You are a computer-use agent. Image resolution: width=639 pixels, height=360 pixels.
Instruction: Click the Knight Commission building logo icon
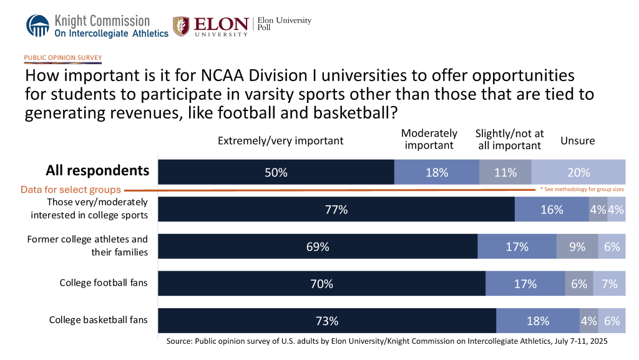[37, 26]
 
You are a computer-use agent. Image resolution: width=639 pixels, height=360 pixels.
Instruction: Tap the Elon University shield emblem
[181, 26]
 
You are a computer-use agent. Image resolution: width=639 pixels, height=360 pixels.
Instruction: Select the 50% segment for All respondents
[276, 172]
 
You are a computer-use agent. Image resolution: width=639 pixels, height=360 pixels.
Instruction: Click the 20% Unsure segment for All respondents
[578, 172]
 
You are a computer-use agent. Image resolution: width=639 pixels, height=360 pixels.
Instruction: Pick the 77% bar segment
[336, 210]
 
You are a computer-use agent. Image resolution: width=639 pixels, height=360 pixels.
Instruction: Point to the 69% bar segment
[318, 246]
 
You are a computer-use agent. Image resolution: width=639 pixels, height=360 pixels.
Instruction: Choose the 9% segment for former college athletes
[577, 246]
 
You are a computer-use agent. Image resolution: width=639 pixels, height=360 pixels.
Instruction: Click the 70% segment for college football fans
[322, 283]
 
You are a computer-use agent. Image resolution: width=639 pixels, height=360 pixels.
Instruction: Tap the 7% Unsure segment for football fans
[609, 283]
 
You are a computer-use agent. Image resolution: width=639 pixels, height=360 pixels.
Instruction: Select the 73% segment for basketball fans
[327, 321]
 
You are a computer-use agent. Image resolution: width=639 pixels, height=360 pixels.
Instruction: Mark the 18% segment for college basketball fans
[538, 321]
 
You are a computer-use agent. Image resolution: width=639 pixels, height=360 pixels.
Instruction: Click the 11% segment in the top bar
[505, 172]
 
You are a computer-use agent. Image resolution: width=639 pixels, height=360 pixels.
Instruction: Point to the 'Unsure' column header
[578, 140]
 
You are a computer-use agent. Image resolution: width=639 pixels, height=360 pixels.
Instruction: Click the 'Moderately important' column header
[429, 139]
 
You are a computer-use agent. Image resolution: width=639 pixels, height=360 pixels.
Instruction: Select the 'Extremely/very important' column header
[281, 140]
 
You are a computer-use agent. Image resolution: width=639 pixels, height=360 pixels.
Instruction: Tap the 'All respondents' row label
[97, 170]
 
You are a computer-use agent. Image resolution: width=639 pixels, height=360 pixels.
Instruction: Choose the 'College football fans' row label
[104, 283]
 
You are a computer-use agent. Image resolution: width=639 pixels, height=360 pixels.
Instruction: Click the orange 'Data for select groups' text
[71, 190]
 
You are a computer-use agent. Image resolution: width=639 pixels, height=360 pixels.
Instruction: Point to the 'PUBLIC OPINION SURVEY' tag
[62, 57]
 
